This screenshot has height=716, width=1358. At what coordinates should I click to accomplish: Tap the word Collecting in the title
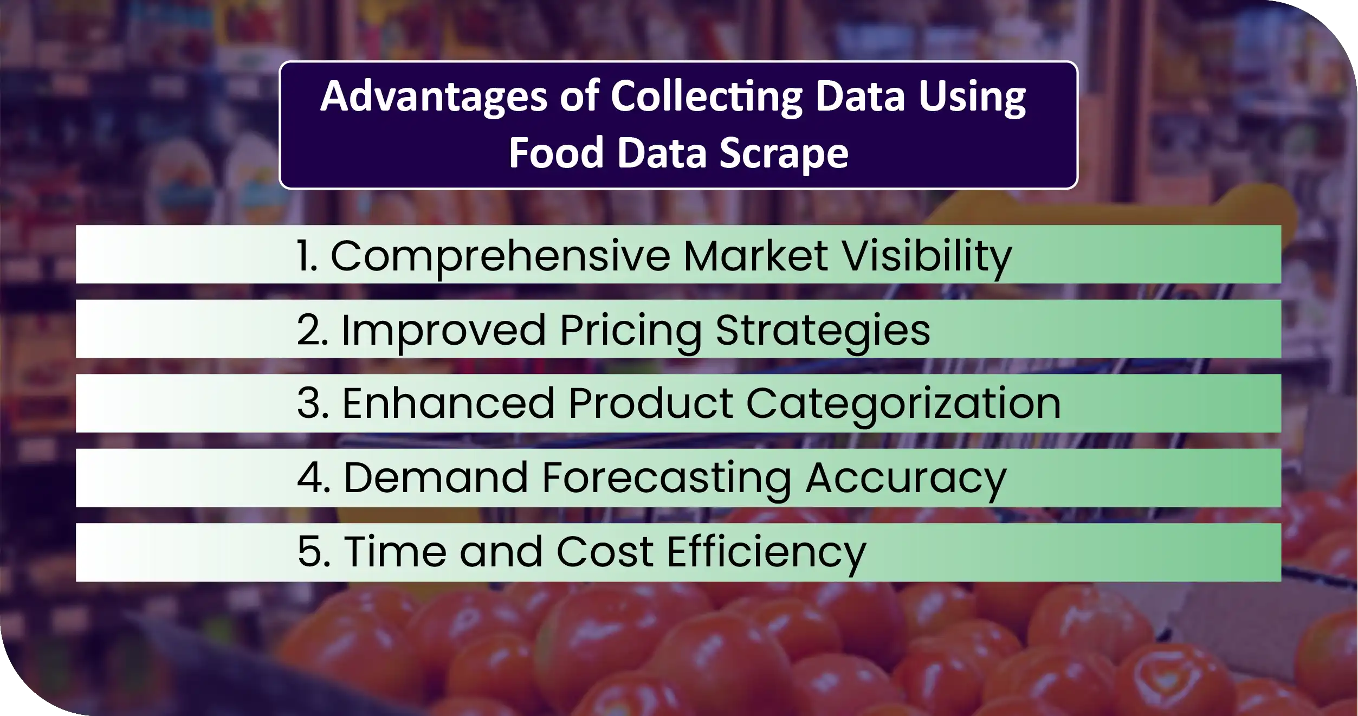[x=706, y=97]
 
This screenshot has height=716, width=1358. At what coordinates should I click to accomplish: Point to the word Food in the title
[x=556, y=153]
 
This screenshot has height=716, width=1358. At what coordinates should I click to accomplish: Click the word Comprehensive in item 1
[x=500, y=256]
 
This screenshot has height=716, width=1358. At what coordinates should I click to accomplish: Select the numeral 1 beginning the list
[x=305, y=256]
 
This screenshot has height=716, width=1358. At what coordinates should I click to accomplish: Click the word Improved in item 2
[x=443, y=330]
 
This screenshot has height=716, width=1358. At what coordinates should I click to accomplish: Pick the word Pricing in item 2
[x=631, y=330]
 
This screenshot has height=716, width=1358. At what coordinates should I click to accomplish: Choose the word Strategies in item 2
[x=823, y=330]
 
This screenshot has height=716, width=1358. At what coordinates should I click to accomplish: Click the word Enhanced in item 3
[x=448, y=404]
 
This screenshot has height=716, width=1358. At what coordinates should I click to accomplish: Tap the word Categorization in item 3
[x=903, y=404]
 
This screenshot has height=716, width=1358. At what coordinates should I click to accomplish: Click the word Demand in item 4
[x=436, y=478]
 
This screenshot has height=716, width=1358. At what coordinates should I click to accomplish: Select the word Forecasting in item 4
[x=666, y=478]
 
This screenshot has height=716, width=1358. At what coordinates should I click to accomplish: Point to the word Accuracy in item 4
[x=906, y=478]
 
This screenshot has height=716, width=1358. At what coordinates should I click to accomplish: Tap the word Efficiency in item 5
[x=766, y=552]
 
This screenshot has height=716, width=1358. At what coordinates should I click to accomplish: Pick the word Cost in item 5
[x=605, y=552]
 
